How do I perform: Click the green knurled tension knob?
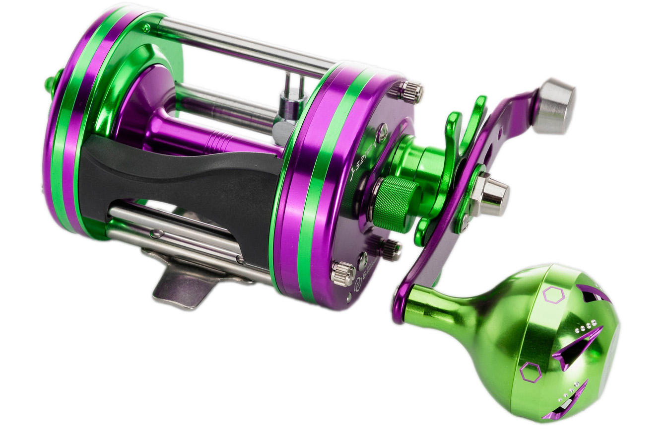(395, 204)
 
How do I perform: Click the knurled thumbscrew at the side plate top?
(409, 92)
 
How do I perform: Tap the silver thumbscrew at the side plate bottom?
(342, 274)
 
